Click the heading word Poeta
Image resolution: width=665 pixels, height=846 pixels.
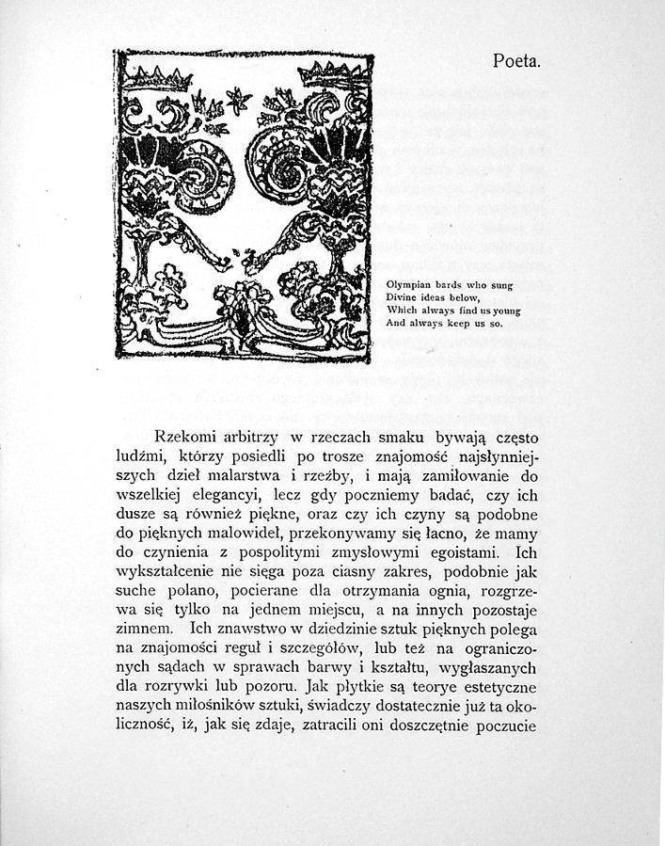[516, 61]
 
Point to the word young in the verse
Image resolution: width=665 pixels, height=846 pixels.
[504, 310]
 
